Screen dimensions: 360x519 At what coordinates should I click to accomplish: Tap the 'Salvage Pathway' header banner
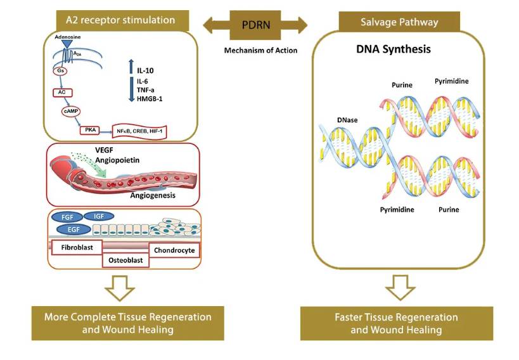[x=399, y=22]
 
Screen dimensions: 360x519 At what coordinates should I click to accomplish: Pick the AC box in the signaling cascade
[x=62, y=92]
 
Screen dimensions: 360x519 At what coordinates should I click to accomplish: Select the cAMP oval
[x=70, y=111]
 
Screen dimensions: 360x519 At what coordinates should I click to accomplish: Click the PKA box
[x=89, y=130]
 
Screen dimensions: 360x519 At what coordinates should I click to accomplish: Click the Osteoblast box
[x=125, y=259]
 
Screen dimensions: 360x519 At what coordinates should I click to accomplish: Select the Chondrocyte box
[x=173, y=250]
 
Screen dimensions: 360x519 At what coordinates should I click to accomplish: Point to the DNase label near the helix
[x=346, y=118]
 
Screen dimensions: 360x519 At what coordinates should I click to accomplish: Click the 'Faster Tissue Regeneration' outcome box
[x=395, y=323]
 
